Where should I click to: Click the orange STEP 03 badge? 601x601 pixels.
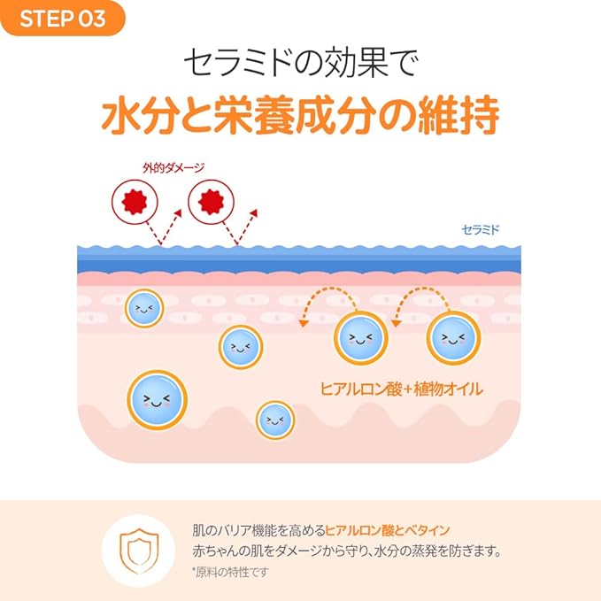pos(63,18)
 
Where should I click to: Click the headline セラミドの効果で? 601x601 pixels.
pos(301,63)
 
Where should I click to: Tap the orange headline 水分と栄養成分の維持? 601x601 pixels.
pos(301,115)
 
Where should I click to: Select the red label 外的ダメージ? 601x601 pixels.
pos(173,168)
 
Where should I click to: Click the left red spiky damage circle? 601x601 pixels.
pos(135,202)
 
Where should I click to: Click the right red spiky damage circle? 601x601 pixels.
pos(212,202)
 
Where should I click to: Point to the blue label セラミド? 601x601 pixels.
pos(481,230)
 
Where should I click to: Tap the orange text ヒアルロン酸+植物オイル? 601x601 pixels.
pos(401,389)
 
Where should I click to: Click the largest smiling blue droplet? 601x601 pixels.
pos(158,400)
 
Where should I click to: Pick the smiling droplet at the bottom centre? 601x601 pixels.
pos(275,420)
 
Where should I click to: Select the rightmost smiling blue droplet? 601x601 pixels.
pos(453,338)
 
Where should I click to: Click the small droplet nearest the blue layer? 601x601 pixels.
pos(144,308)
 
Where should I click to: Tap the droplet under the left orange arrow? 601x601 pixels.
pos(360,338)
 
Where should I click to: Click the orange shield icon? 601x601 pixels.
pos(139,551)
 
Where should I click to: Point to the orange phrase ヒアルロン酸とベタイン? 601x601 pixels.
pos(387,531)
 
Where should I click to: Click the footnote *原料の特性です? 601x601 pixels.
pos(230,573)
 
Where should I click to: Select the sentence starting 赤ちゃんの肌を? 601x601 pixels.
pos(347,551)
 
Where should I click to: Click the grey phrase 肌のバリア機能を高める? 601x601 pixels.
pos(258,531)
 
